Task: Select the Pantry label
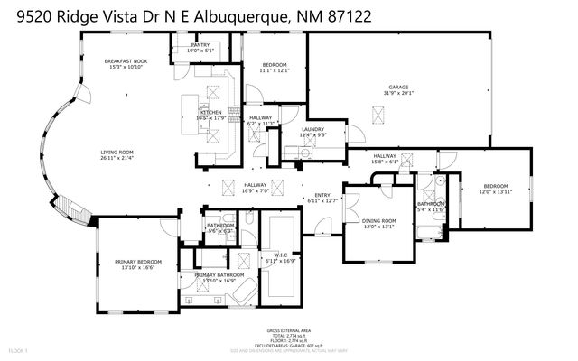(x=200, y=44)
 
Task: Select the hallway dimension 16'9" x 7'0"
(x=256, y=190)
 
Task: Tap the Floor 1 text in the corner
(x=19, y=350)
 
